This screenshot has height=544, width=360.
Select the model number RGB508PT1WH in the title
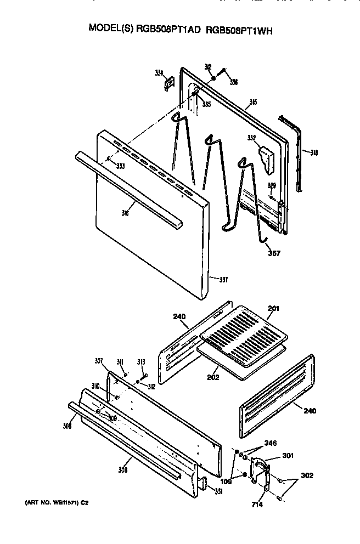pos(239,31)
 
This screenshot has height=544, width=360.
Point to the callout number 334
pos(159,73)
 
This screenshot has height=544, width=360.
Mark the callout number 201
pos(273,308)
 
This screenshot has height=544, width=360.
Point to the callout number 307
pos(99,361)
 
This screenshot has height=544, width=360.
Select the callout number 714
pos(258,503)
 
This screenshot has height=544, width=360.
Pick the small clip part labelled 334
pos(168,83)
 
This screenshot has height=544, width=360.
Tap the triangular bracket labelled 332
pos(267,155)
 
